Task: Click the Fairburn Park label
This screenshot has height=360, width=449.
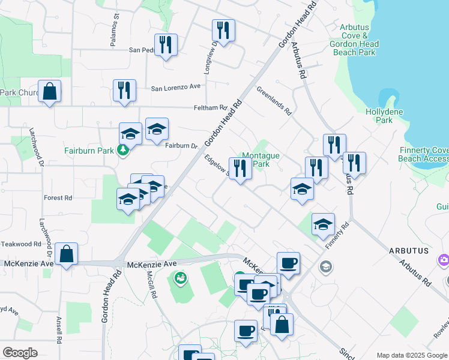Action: (x=88, y=151)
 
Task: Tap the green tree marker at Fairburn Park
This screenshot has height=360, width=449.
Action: (x=123, y=150)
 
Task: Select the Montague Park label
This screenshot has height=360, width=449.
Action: (x=261, y=160)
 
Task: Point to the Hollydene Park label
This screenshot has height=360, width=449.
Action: (x=379, y=116)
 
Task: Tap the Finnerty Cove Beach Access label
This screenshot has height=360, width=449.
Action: (x=423, y=154)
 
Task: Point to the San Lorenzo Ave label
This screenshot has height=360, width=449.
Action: (x=175, y=87)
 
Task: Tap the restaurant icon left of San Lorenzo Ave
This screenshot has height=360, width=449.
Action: (x=124, y=91)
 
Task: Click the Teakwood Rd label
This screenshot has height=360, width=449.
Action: (x=20, y=244)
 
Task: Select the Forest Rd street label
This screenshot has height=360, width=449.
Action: (x=58, y=197)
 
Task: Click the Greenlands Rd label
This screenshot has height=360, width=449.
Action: (x=274, y=102)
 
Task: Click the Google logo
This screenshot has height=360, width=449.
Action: (x=20, y=352)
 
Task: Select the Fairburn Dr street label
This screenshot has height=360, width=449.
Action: (x=181, y=146)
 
